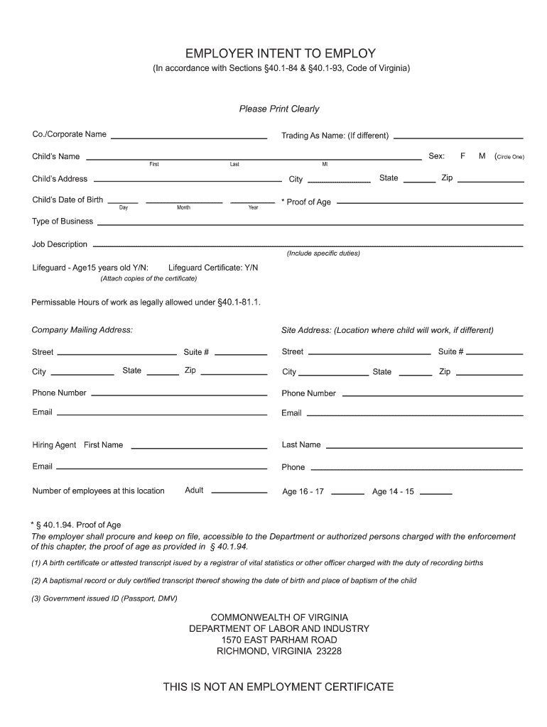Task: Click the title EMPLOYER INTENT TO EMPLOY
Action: pos(280,54)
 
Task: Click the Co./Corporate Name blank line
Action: pos(188,136)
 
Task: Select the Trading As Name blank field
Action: pos(458,136)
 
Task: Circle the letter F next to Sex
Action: pos(462,156)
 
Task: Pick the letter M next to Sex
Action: pos(482,156)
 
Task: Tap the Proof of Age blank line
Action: pos(429,204)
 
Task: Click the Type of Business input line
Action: pos(310,223)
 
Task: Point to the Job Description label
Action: pos(60,244)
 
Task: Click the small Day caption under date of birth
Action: pos(124,208)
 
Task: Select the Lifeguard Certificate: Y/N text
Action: pos(213,268)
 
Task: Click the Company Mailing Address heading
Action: pos(82,330)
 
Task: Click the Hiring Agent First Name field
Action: pos(199,447)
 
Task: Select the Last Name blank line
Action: pos(424,447)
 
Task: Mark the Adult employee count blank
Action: pos(239,492)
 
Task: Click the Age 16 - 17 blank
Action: pos(347,493)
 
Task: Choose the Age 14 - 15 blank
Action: pos(436,493)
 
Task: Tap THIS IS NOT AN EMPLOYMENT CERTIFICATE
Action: pos(278,687)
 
